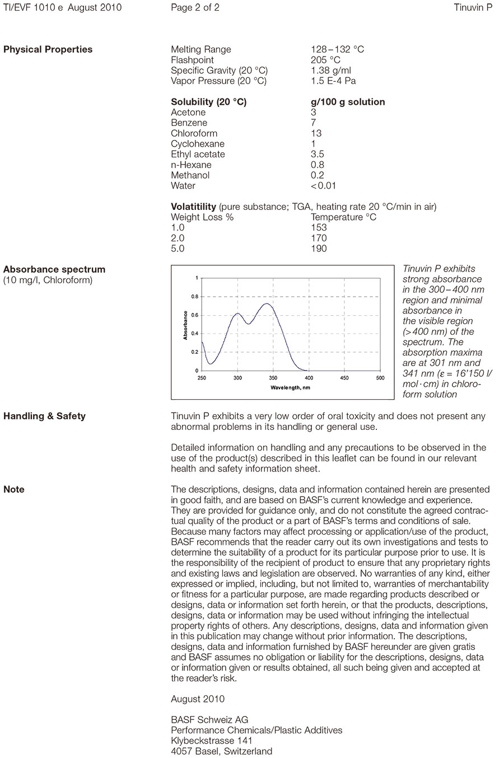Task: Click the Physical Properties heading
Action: pyautogui.click(x=48, y=49)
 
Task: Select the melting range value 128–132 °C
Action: pyautogui.click(x=337, y=49)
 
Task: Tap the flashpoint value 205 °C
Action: pyautogui.click(x=325, y=60)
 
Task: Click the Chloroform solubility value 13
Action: pyautogui.click(x=316, y=133)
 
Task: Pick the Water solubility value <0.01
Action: pyautogui.click(x=323, y=186)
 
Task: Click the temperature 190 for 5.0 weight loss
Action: pyautogui.click(x=319, y=249)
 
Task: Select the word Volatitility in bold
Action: pyautogui.click(x=193, y=207)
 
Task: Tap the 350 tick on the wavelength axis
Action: pyautogui.click(x=273, y=378)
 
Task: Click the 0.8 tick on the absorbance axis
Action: pyautogui.click(x=194, y=297)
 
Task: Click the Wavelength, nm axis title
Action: pyautogui.click(x=290, y=387)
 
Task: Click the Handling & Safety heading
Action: pyautogui.click(x=44, y=416)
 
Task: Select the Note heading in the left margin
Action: pyautogui.click(x=14, y=489)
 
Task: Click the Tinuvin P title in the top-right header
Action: pyautogui.click(x=473, y=7)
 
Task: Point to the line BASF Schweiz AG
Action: pyautogui.click(x=209, y=720)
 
